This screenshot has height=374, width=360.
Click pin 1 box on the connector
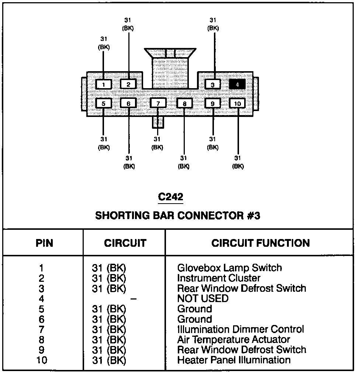[x=104, y=84]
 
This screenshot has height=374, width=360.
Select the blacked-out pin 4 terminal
[x=237, y=84]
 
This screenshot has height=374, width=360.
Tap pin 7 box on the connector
[x=158, y=103]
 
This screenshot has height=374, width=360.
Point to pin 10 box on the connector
[x=237, y=103]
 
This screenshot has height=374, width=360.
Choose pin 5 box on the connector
[x=104, y=103]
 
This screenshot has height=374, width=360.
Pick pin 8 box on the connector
[x=184, y=103]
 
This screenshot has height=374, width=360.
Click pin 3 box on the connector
[x=212, y=84]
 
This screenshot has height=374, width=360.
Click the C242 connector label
[x=170, y=197]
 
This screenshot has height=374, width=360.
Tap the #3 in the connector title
[x=253, y=215]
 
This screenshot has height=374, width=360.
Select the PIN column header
[x=44, y=243]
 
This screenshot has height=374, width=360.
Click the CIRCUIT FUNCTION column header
[x=260, y=243]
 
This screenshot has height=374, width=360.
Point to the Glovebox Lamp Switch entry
[x=229, y=268]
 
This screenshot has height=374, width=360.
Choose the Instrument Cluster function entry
[x=219, y=278]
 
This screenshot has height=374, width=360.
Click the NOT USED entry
[x=202, y=298]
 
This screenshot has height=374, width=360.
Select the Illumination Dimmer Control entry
[x=240, y=329]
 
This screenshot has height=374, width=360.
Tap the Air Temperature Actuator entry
[x=233, y=339]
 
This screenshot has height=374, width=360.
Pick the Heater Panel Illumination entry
[x=234, y=360]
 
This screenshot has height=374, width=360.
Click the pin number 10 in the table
[x=42, y=360]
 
